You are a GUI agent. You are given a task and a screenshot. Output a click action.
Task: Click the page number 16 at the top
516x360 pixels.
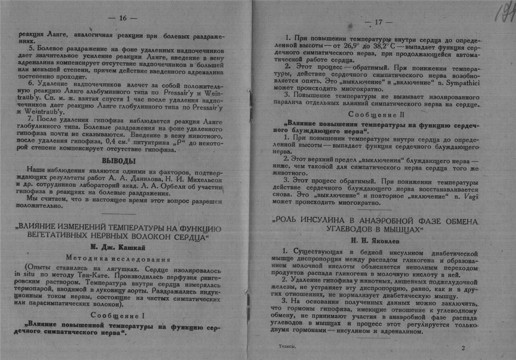[122, 18]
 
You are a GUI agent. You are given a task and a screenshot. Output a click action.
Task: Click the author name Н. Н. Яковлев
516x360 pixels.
[376, 241]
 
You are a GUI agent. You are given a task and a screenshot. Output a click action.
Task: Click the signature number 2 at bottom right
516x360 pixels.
[463, 348]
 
